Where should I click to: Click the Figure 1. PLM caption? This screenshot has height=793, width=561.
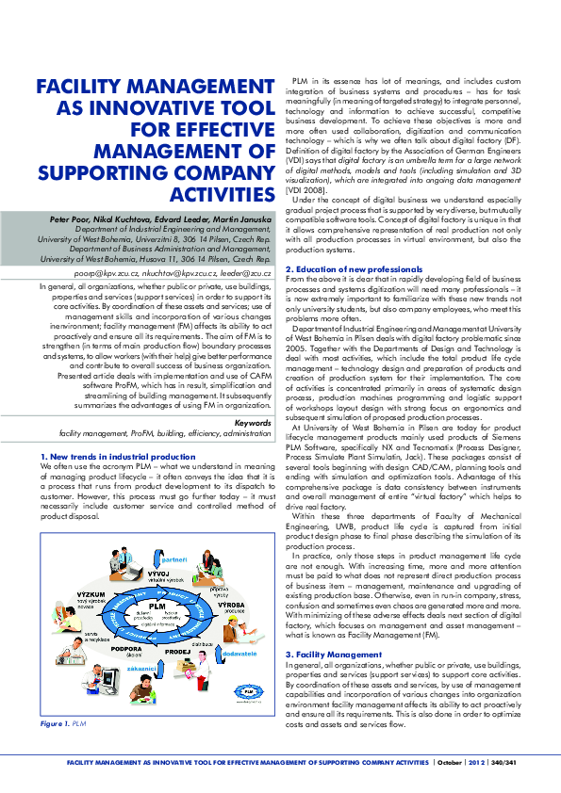(62, 723)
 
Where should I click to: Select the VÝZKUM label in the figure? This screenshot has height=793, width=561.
(66, 595)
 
